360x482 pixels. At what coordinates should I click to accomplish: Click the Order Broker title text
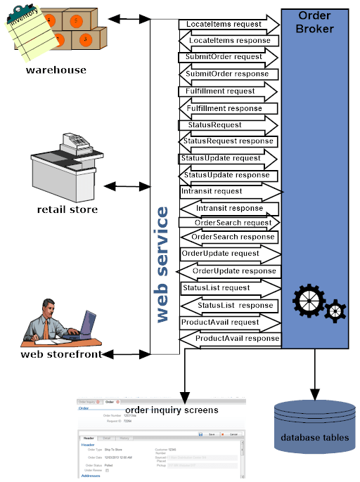[x=316, y=22]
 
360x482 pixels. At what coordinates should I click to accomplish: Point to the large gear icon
[x=309, y=301]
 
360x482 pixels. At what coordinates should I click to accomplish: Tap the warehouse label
[x=56, y=70]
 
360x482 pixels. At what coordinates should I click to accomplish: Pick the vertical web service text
[x=162, y=263]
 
